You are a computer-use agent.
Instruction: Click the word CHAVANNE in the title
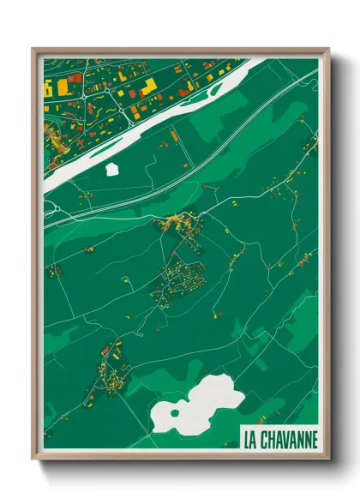coord(290,440)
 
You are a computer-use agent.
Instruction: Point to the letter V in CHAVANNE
coord(289,440)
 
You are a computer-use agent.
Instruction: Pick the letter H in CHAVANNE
coord(273,440)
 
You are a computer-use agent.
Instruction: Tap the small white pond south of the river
coord(112,168)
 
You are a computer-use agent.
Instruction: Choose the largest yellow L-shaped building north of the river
coord(148,86)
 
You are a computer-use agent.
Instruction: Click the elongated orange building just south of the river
coord(175,135)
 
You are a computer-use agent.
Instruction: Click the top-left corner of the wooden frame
coord(33,49)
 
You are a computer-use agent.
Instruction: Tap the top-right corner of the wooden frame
coord(328,49)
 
